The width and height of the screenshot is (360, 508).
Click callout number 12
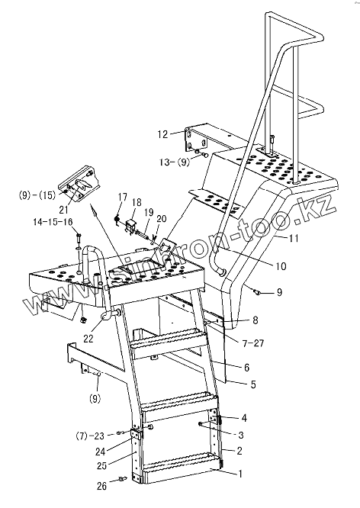(163, 134)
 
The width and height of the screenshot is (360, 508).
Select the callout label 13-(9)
(175, 162)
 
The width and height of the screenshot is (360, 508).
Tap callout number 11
(293, 239)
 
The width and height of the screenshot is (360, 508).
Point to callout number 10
(281, 266)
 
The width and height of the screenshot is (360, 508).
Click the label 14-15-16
(53, 222)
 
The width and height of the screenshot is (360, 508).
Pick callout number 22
(88, 339)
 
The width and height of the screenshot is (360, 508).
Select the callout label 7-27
(254, 342)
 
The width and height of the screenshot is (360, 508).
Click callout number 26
(101, 486)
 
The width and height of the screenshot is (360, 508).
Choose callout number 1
(240, 474)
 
